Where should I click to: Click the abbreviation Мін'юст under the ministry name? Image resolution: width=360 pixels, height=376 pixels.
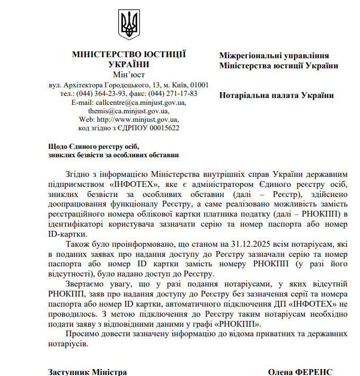click(x=128, y=74)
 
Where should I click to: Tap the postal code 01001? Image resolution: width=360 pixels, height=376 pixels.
click(x=199, y=85)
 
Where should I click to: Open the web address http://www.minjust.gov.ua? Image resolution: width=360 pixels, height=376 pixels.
click(x=138, y=119)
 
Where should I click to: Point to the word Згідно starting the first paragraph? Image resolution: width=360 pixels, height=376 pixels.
click(x=79, y=173)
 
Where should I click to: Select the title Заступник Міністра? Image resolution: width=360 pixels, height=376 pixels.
click(x=87, y=372)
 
